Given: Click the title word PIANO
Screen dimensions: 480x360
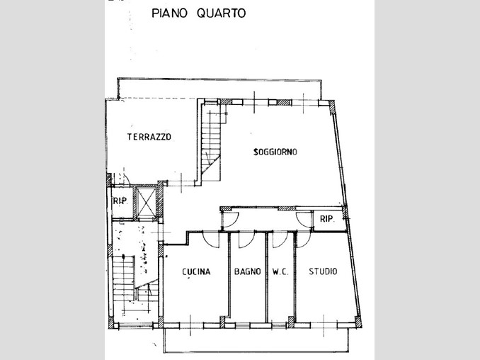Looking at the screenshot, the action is pos(169,13).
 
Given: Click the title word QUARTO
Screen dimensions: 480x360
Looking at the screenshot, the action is pos(222,13).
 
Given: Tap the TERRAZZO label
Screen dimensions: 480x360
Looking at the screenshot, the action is pos(149,137).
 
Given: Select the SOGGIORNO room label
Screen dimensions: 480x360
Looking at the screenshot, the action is pos(275,152).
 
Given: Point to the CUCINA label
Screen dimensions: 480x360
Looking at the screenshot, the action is pos(196,271).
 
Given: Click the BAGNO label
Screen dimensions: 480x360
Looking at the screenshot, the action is pos(247,271).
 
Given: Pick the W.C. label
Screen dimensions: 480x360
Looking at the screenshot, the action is pos(280,271).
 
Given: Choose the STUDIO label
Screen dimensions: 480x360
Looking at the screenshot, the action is pos(323,271).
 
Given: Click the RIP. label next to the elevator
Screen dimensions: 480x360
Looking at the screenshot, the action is pos(120,201).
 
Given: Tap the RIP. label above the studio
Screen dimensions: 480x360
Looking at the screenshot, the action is pos(327,219).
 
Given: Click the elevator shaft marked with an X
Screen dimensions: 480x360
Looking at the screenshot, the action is pos(146,202).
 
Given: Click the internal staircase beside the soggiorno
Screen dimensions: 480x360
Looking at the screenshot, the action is pos(210,142).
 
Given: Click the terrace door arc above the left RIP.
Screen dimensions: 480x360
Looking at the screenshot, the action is pos(126,178).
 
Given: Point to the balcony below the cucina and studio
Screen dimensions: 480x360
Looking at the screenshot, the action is pos(256,340).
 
